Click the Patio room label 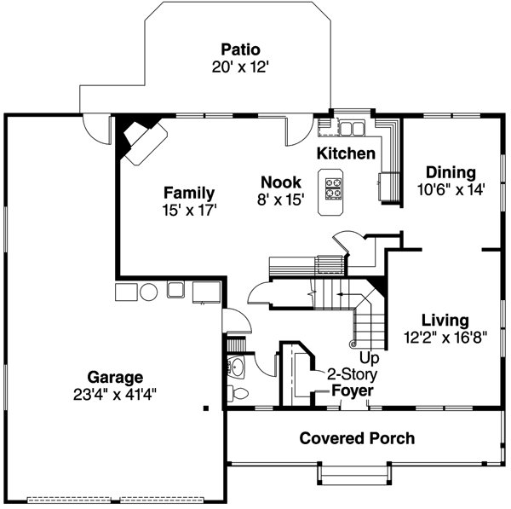[240, 49]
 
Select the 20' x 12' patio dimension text [240, 67]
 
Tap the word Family [189, 193]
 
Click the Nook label [281, 182]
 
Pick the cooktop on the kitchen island [333, 187]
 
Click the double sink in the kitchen [352, 129]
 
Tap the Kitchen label [346, 153]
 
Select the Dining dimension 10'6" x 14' [451, 190]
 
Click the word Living [445, 321]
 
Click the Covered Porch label [357, 438]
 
